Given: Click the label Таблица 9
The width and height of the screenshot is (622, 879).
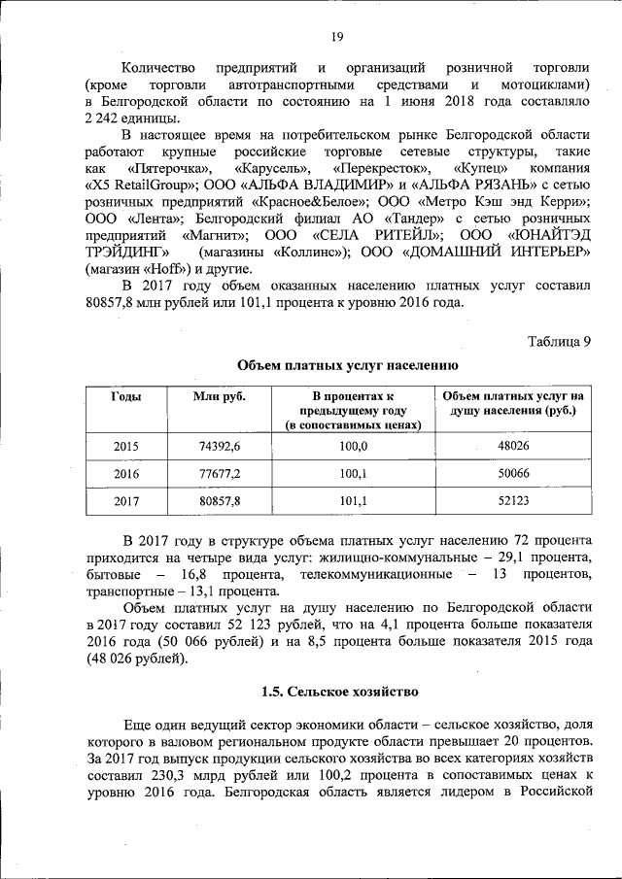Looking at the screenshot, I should click(559, 340).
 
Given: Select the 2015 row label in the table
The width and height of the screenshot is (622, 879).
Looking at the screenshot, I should click(126, 446).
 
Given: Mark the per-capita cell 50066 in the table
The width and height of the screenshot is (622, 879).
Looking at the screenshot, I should click(512, 474).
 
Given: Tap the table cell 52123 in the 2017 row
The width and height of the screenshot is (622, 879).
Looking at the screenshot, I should click(512, 501).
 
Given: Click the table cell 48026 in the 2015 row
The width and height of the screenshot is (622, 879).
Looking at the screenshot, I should click(512, 446).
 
